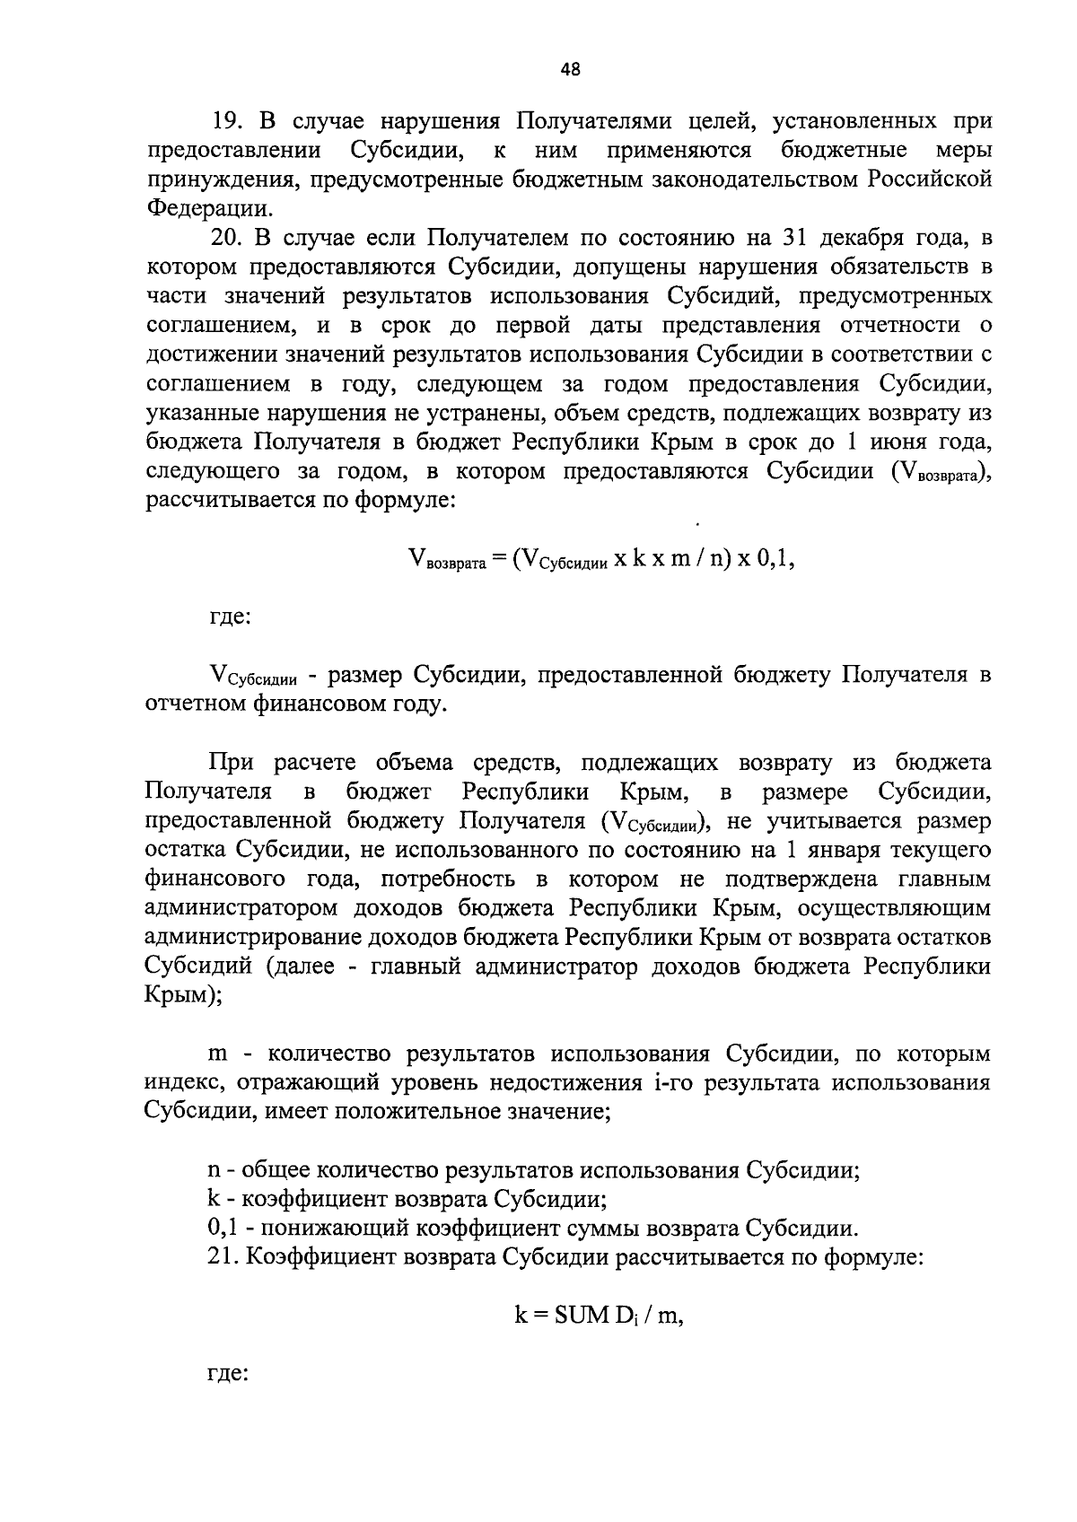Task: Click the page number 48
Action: tap(570, 69)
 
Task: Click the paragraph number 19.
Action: tap(227, 120)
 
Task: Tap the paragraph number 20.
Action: tap(227, 238)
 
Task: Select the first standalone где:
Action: tap(228, 617)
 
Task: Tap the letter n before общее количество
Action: tap(214, 1170)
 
